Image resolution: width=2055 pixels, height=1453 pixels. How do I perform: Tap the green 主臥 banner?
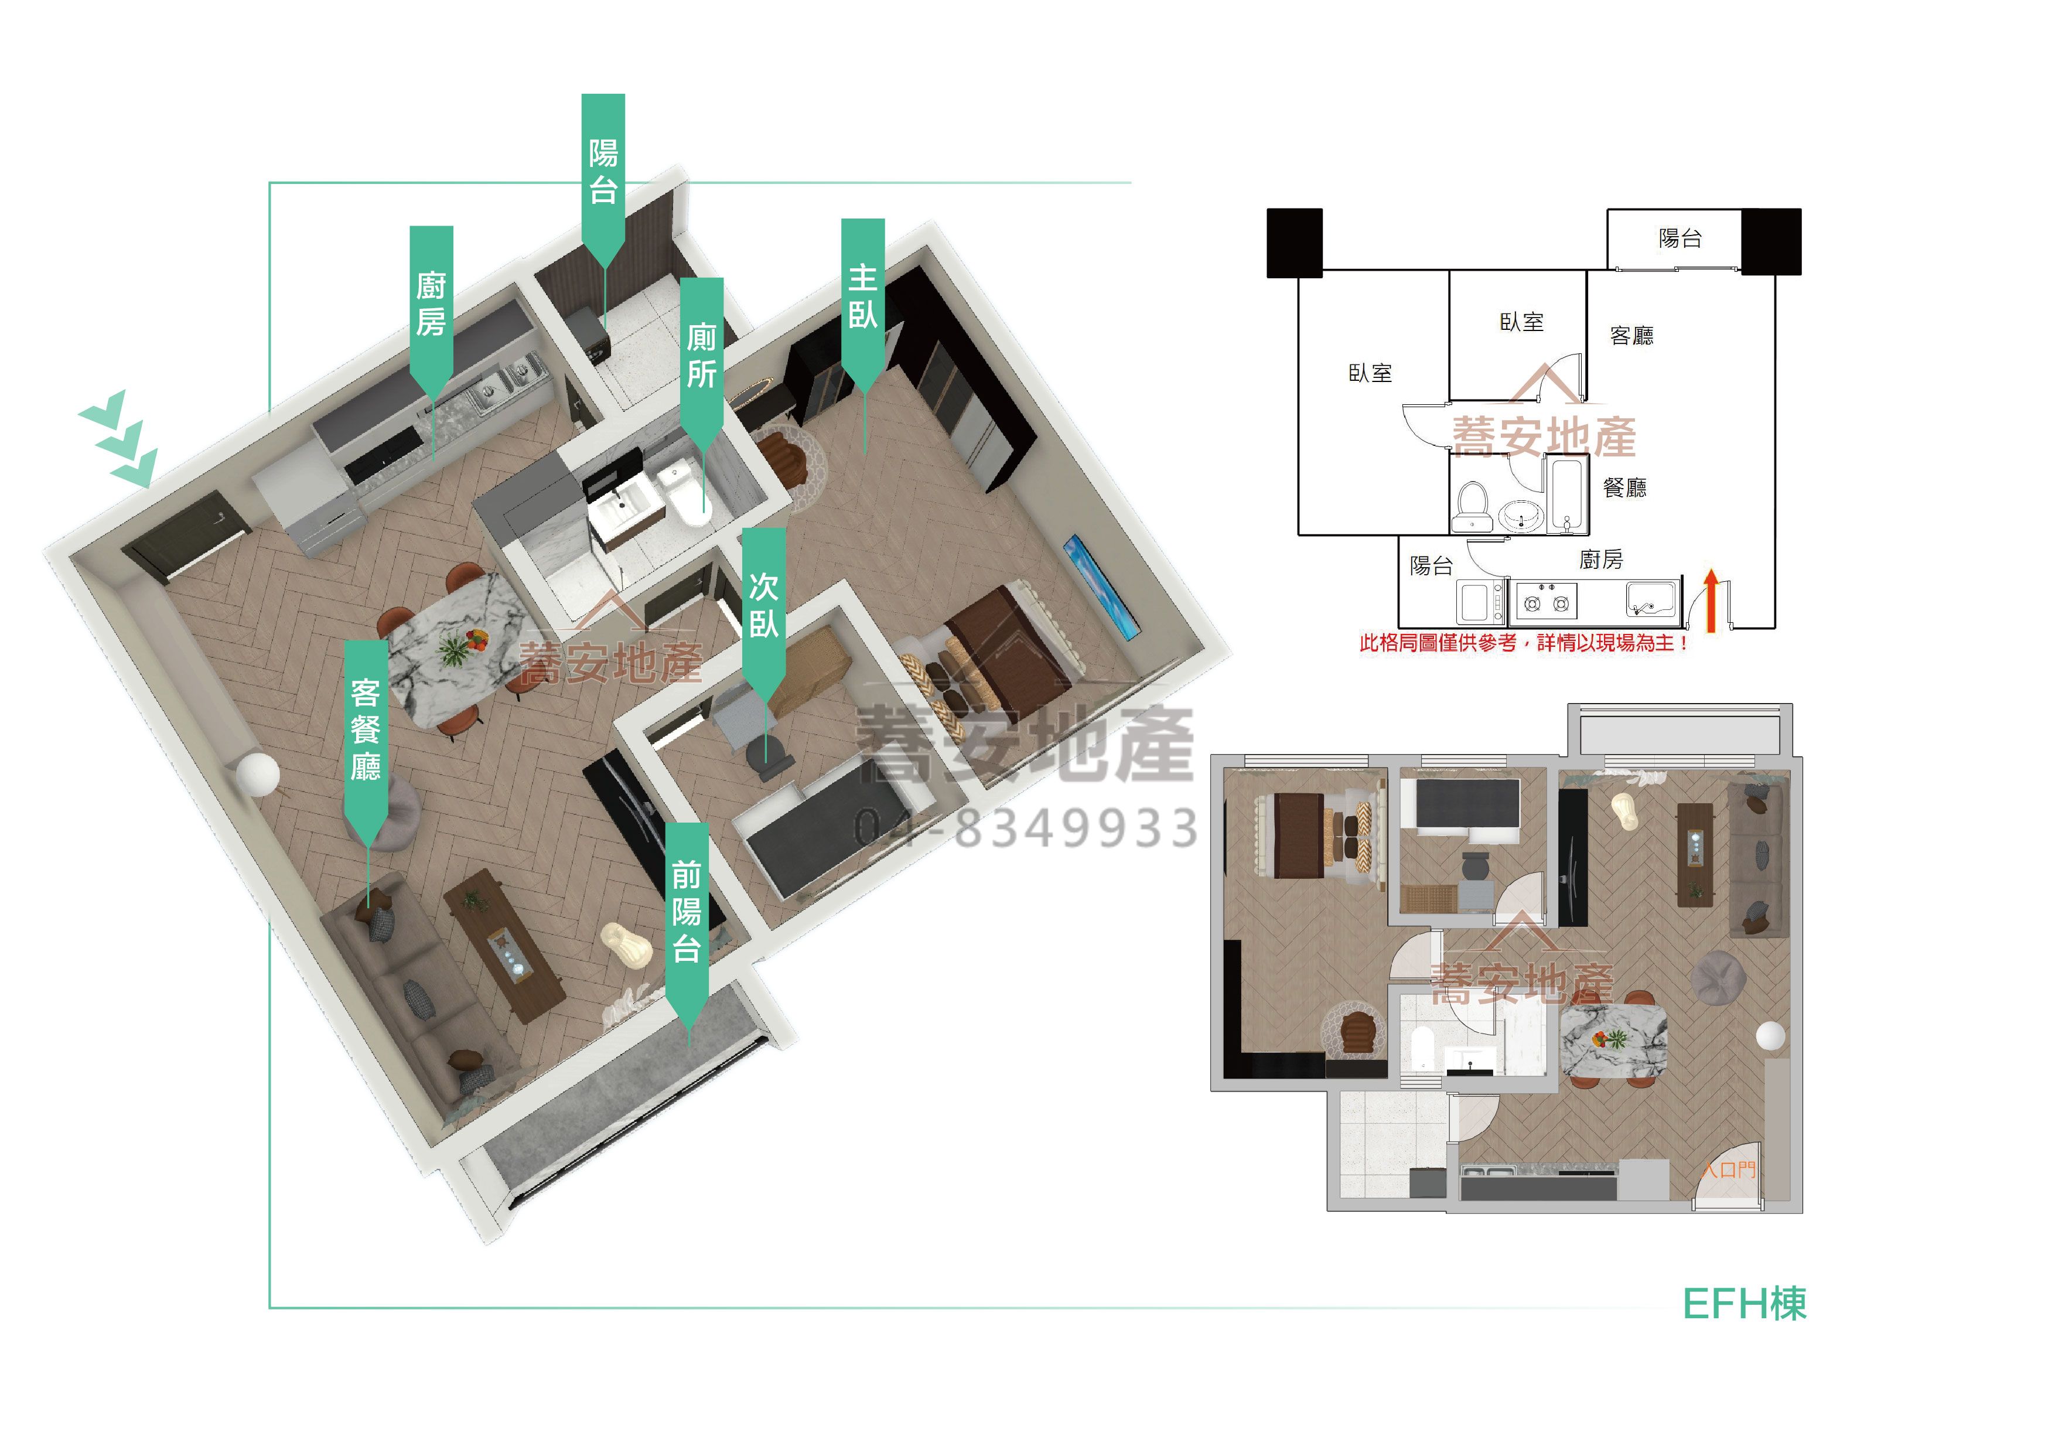863,300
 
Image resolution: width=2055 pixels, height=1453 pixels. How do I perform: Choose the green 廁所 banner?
702,358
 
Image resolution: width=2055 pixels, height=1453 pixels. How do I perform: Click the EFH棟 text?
1745,1304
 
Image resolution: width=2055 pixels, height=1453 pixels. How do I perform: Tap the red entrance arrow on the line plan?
1711,602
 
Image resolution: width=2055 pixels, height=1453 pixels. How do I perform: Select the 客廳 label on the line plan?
1631,336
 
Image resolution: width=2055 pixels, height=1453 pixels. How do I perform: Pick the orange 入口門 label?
1728,1169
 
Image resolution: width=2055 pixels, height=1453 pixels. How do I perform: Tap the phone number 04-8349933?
1026,827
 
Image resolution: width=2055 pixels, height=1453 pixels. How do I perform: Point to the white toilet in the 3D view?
682,492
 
